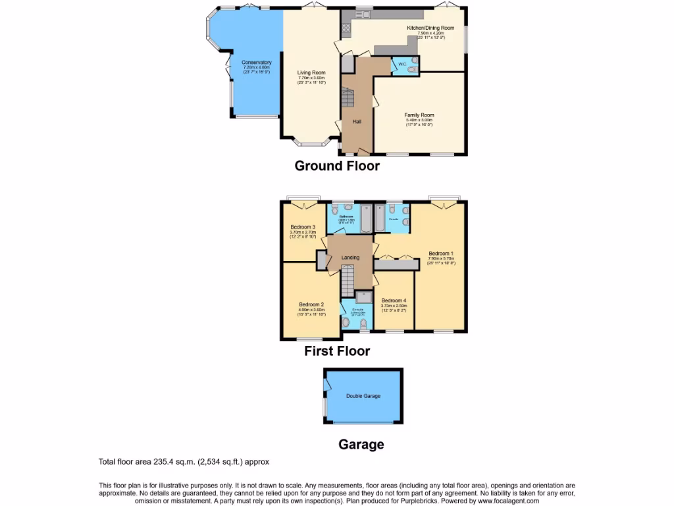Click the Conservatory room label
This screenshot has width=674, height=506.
click(x=257, y=63)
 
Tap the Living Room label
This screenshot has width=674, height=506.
click(x=311, y=72)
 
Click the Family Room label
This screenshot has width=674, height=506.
click(x=419, y=115)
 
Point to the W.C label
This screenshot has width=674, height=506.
click(x=402, y=65)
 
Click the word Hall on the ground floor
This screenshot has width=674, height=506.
click(x=357, y=122)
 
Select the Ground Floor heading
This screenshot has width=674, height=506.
click(x=337, y=166)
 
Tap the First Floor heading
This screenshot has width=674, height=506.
click(x=337, y=351)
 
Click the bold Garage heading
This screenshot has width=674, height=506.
click(x=361, y=445)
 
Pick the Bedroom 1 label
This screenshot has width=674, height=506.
click(x=441, y=254)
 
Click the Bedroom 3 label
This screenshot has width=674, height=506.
click(x=303, y=227)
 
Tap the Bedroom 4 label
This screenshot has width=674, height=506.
click(x=394, y=300)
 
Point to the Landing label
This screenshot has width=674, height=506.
click(x=350, y=258)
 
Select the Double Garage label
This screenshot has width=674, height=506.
click(x=363, y=396)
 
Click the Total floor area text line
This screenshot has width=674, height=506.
click(x=184, y=462)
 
